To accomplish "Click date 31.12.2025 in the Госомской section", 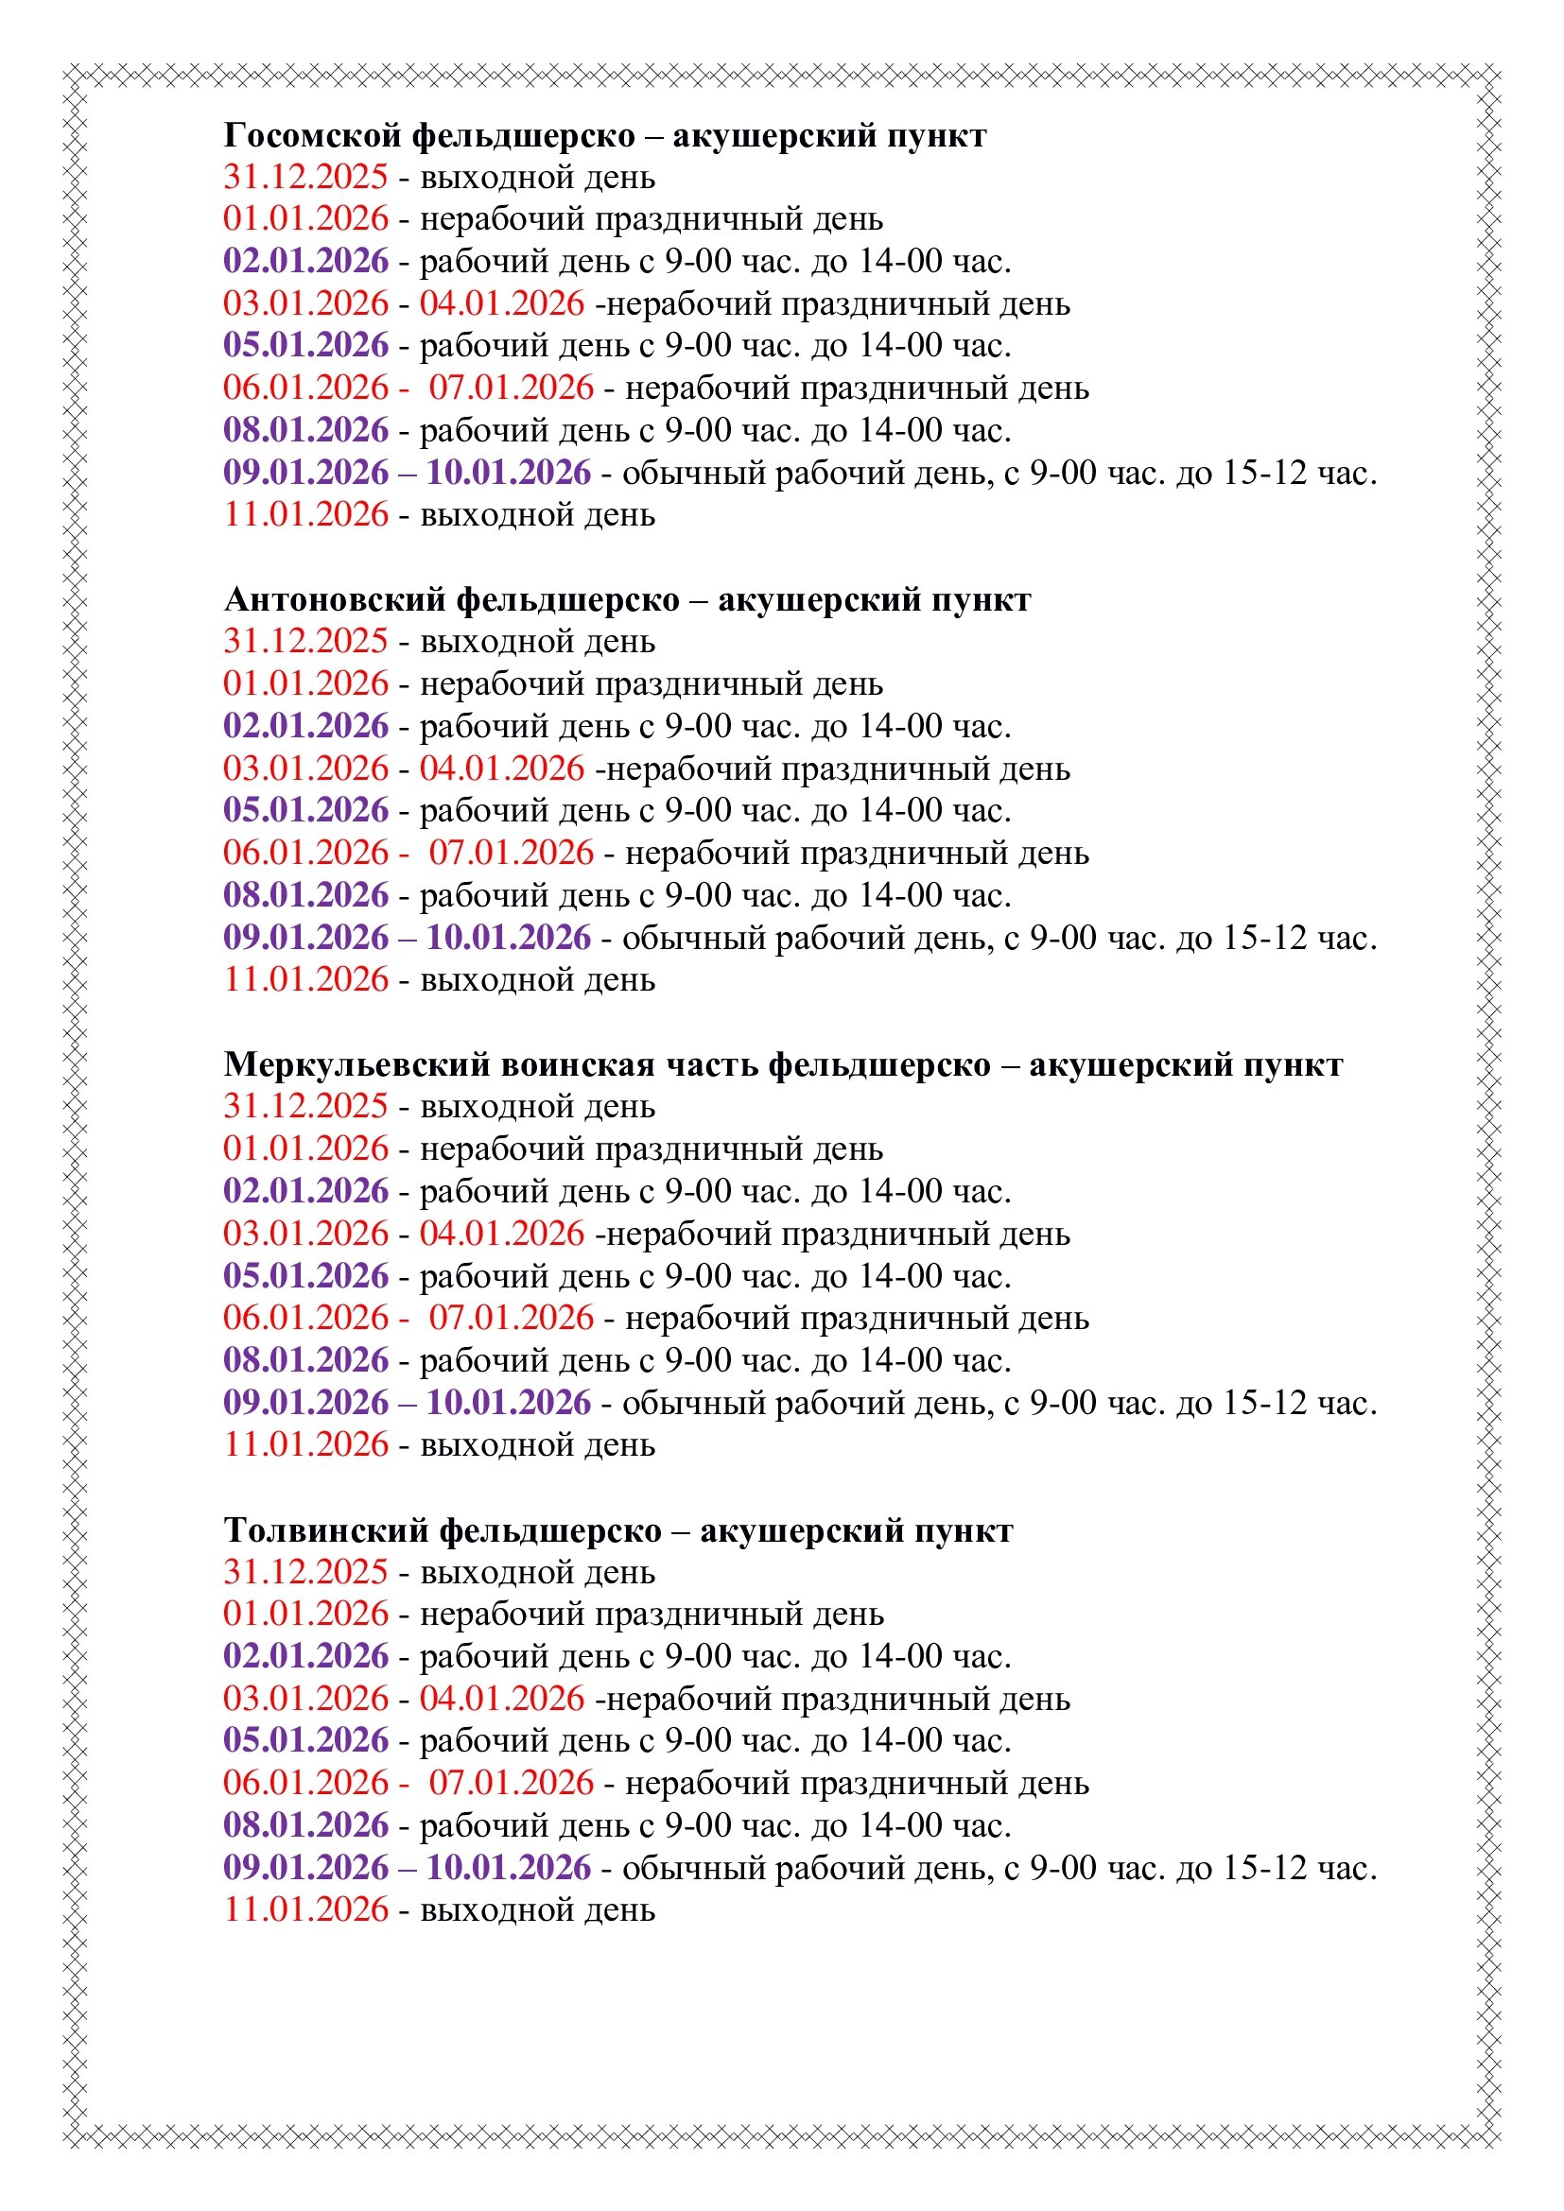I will tap(305, 177).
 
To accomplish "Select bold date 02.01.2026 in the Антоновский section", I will tap(305, 726).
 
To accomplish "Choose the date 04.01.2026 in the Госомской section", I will tap(502, 303).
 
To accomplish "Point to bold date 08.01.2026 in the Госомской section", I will tap(305, 430).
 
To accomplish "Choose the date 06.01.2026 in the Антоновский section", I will tap(305, 854).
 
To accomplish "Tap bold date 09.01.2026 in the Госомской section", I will tap(305, 473).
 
